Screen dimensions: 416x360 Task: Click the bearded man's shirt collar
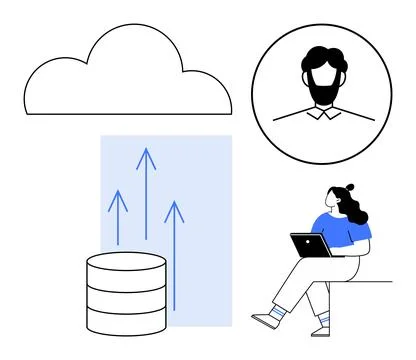[x=322, y=113]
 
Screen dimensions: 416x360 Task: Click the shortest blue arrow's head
[x=118, y=197]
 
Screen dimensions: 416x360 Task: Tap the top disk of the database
[x=126, y=262]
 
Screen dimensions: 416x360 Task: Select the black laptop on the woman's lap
[x=309, y=245]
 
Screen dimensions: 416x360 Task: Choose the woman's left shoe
[x=264, y=320]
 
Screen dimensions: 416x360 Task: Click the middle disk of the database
[x=126, y=292]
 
